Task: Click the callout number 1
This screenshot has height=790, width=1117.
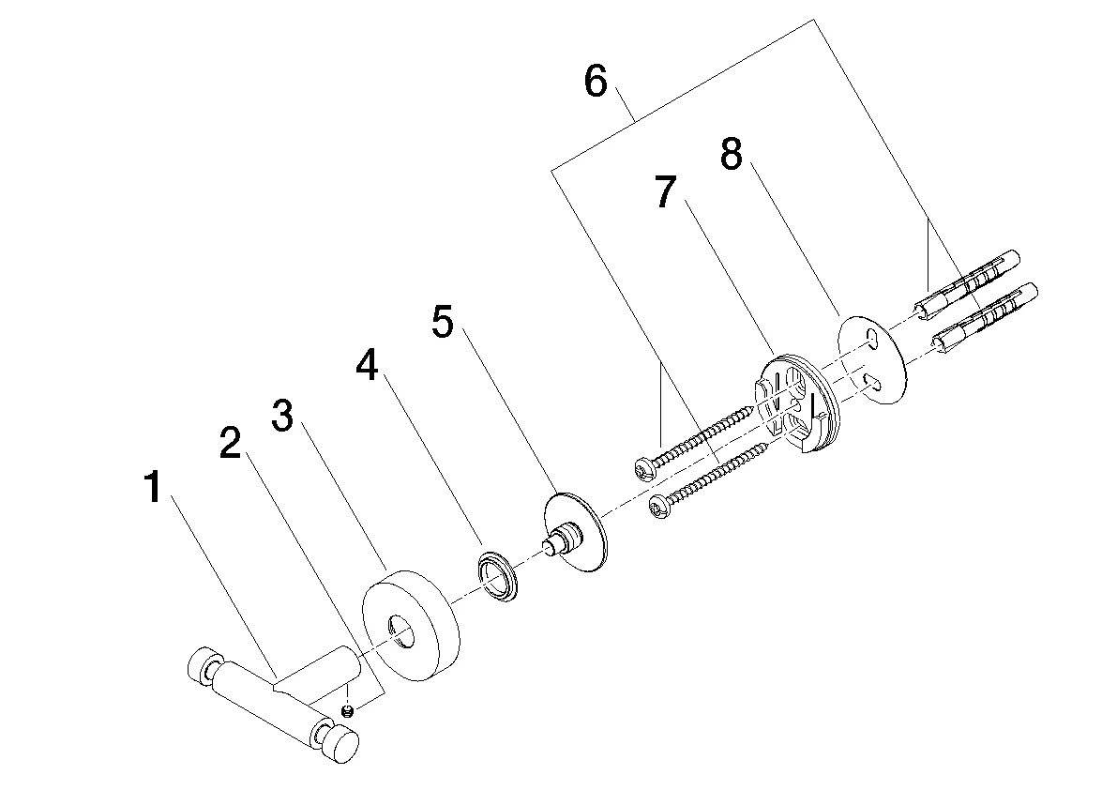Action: pyautogui.click(x=157, y=489)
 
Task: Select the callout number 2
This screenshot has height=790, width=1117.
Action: pyautogui.click(x=230, y=444)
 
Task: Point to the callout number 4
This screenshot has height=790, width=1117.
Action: pyautogui.click(x=367, y=366)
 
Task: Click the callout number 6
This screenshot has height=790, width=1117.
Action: pyautogui.click(x=596, y=82)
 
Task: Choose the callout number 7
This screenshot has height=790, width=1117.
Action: pyautogui.click(x=665, y=192)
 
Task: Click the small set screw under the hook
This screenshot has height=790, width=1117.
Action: pyautogui.click(x=349, y=711)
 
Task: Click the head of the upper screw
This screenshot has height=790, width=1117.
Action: pyautogui.click(x=645, y=466)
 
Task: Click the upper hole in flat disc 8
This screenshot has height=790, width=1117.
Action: pyautogui.click(x=873, y=337)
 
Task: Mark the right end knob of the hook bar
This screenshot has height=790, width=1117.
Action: pyautogui.click(x=342, y=746)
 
